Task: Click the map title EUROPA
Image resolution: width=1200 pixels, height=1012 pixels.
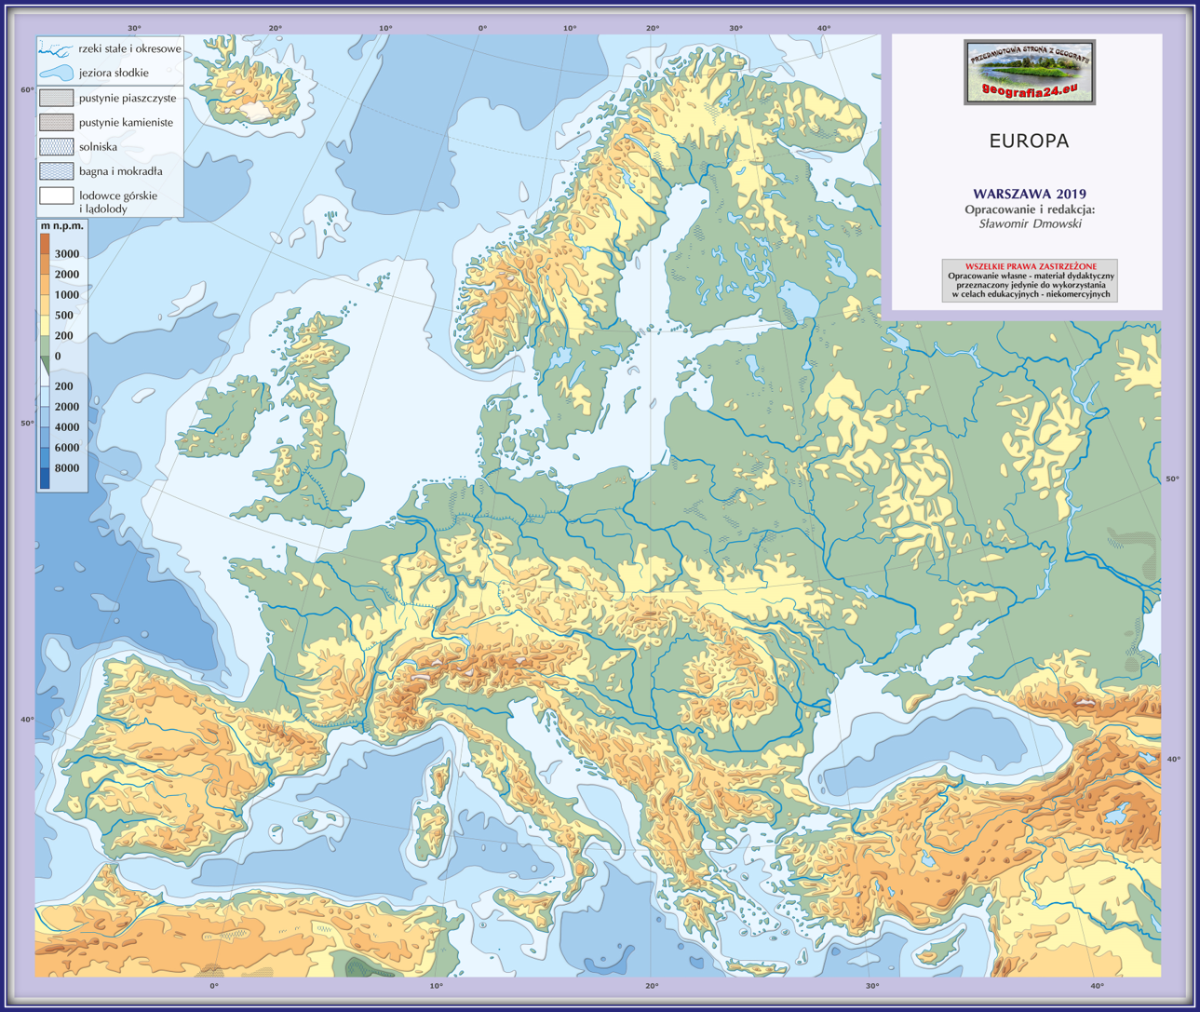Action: (1029, 142)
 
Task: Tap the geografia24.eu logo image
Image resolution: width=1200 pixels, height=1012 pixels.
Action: (1029, 72)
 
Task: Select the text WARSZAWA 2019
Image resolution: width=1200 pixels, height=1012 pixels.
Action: (1029, 194)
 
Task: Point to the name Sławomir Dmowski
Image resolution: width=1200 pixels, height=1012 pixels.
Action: (1030, 223)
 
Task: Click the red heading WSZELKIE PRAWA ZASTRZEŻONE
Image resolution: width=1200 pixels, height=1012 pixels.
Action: (1030, 266)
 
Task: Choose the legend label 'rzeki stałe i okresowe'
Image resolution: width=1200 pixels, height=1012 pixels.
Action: (129, 48)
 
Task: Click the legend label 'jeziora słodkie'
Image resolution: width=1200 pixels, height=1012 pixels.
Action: (114, 73)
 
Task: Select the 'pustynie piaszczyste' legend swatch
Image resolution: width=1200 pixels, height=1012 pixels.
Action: (57, 98)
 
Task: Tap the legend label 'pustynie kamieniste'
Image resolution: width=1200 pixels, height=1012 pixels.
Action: (126, 122)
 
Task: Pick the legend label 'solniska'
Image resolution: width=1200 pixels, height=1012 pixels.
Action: (98, 146)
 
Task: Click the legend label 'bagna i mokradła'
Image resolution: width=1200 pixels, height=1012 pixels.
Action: (120, 171)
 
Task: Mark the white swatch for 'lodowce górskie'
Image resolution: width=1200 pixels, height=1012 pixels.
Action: (57, 196)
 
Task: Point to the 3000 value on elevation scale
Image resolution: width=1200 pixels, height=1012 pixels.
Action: (67, 253)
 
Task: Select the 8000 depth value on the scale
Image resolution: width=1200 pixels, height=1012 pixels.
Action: (67, 468)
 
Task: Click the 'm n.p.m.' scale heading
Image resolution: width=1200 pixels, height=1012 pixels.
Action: (62, 225)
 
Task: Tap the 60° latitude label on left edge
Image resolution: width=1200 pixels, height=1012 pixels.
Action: (27, 89)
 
